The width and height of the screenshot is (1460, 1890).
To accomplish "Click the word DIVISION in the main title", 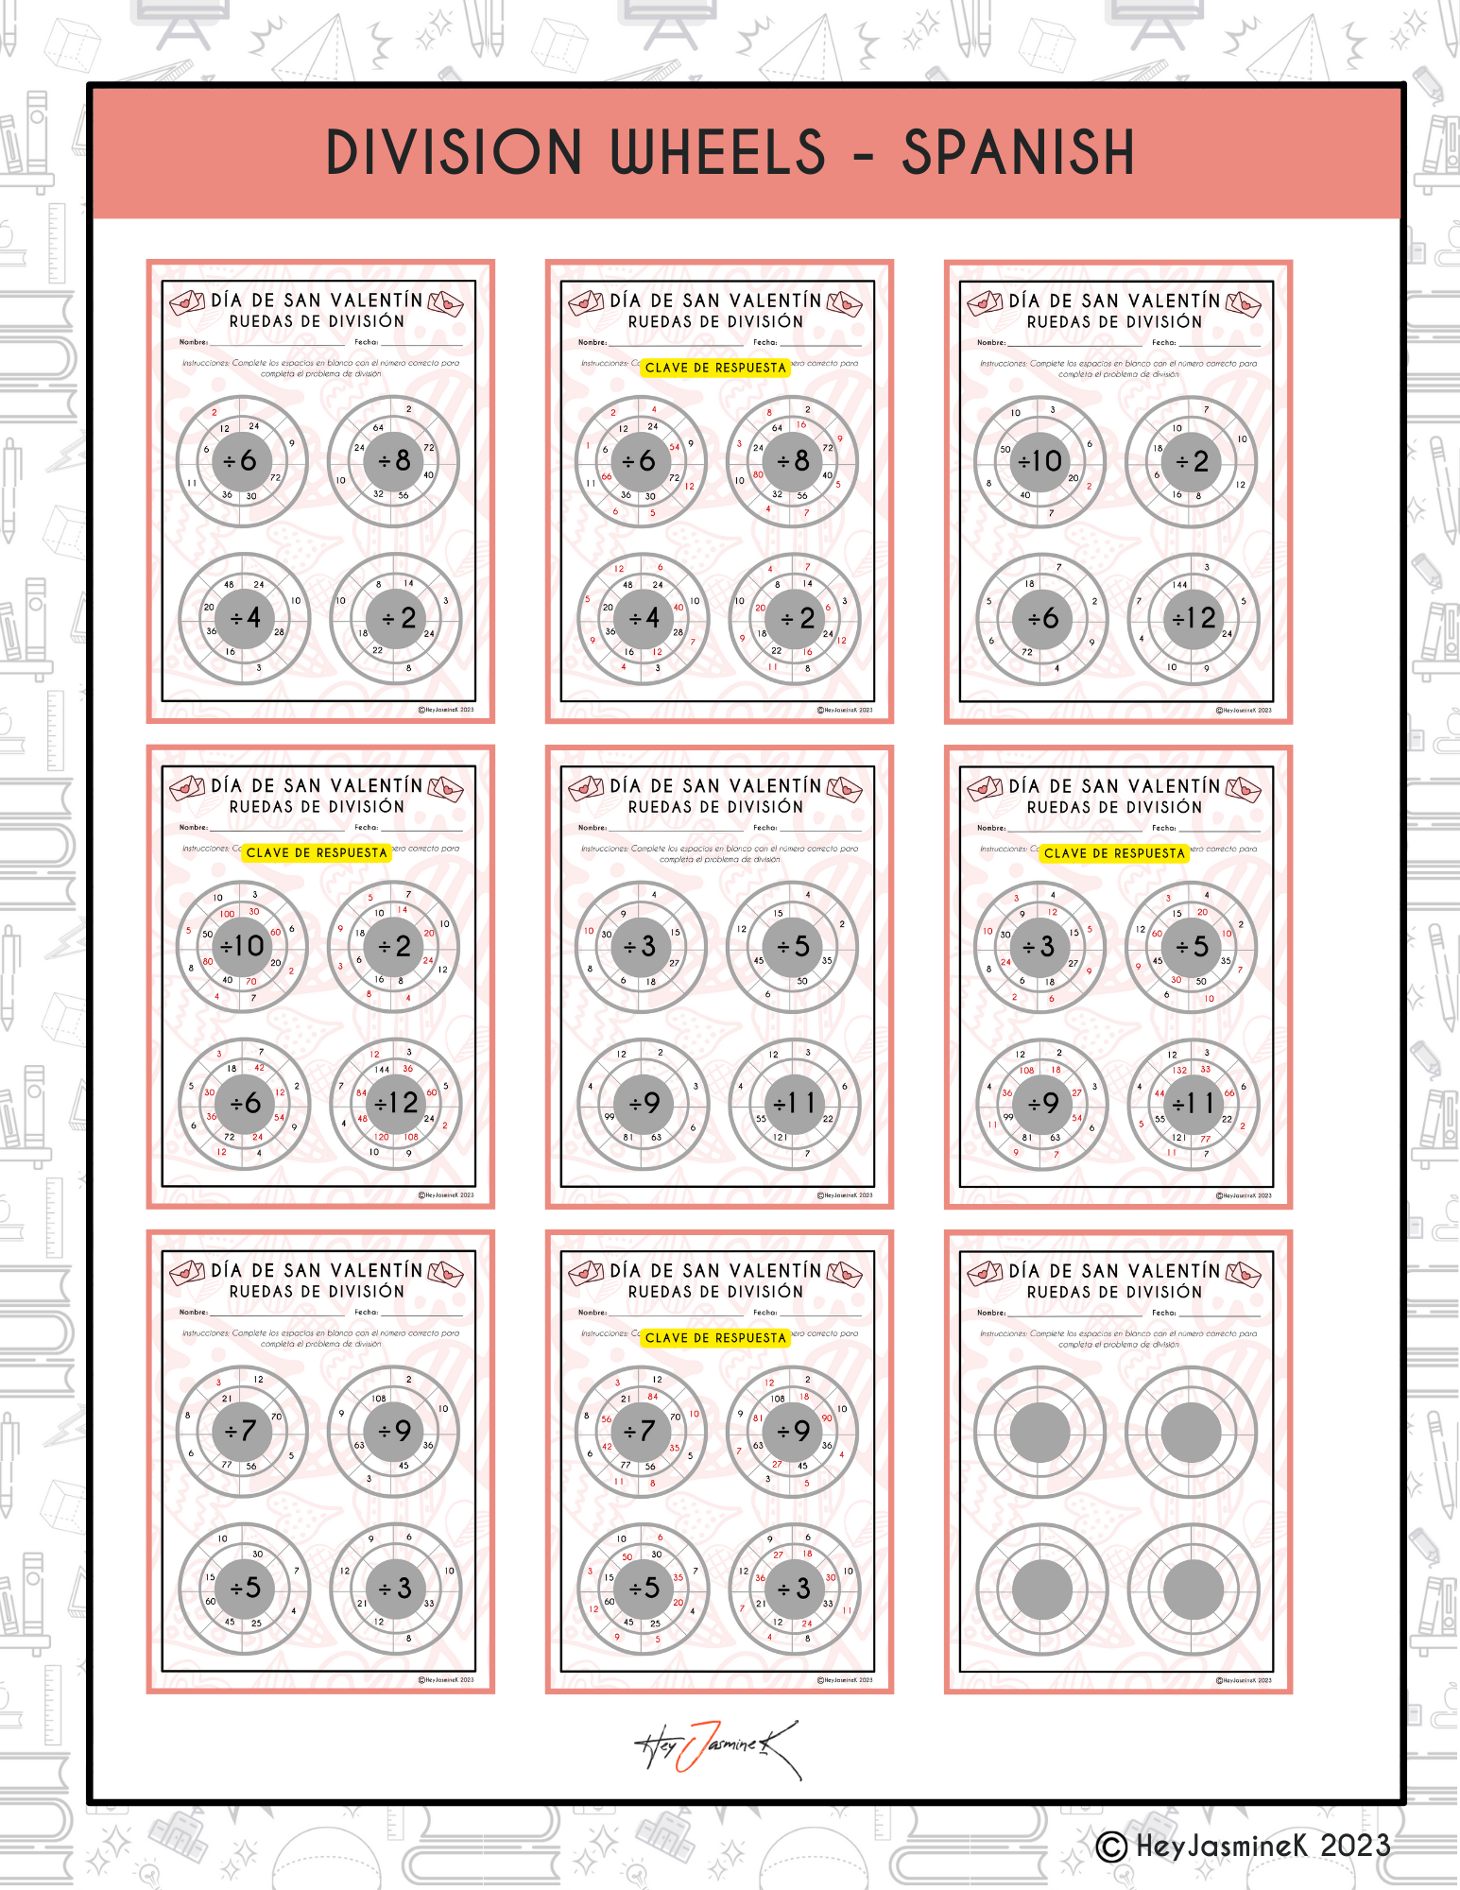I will click(454, 152).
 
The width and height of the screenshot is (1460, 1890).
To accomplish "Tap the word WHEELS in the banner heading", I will click(718, 152).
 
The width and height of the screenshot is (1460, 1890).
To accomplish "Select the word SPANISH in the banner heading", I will click(1018, 152).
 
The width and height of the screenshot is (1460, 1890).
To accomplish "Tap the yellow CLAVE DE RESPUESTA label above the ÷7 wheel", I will click(715, 1337).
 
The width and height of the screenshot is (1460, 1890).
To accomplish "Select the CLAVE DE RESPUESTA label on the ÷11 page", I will click(1114, 852).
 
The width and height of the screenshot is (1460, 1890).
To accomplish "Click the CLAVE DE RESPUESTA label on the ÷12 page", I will click(317, 852).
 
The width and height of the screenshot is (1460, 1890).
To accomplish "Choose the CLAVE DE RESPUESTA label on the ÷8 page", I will click(715, 368).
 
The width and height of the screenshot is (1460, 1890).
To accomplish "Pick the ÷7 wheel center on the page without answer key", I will click(242, 1431).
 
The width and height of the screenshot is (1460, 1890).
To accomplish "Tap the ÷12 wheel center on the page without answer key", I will click(1194, 618).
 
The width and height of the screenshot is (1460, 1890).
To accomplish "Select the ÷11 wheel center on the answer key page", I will click(1193, 1103).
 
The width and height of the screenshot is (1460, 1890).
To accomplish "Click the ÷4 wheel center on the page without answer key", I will click(244, 618).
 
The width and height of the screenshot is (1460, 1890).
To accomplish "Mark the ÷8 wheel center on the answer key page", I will click(794, 461).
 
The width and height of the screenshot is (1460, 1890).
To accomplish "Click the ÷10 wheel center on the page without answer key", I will click(1039, 461).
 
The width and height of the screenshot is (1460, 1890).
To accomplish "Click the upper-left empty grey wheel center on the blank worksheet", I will click(1039, 1432).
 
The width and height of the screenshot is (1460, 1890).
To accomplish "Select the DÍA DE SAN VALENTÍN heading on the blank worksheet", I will click(1114, 1271).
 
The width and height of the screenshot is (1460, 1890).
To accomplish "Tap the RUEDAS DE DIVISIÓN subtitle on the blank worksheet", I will click(1114, 1292).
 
